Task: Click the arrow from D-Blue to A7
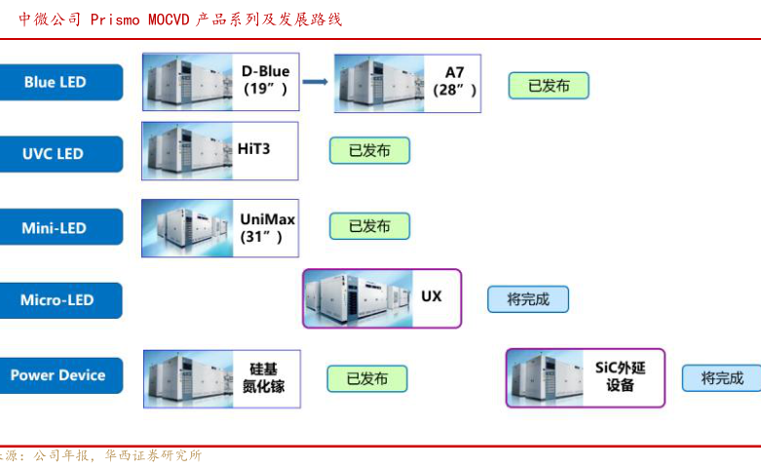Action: (314, 81)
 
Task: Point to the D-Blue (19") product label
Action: (266, 80)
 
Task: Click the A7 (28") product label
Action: (455, 81)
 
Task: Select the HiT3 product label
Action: (254, 149)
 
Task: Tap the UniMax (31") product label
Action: (267, 227)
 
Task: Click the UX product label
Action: (431, 294)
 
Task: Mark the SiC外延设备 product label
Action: (621, 376)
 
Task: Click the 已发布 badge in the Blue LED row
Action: (548, 86)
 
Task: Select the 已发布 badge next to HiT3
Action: (368, 150)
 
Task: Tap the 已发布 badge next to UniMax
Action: (368, 226)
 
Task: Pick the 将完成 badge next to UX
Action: (527, 299)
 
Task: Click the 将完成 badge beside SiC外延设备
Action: (721, 378)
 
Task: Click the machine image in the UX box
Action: (356, 297)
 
